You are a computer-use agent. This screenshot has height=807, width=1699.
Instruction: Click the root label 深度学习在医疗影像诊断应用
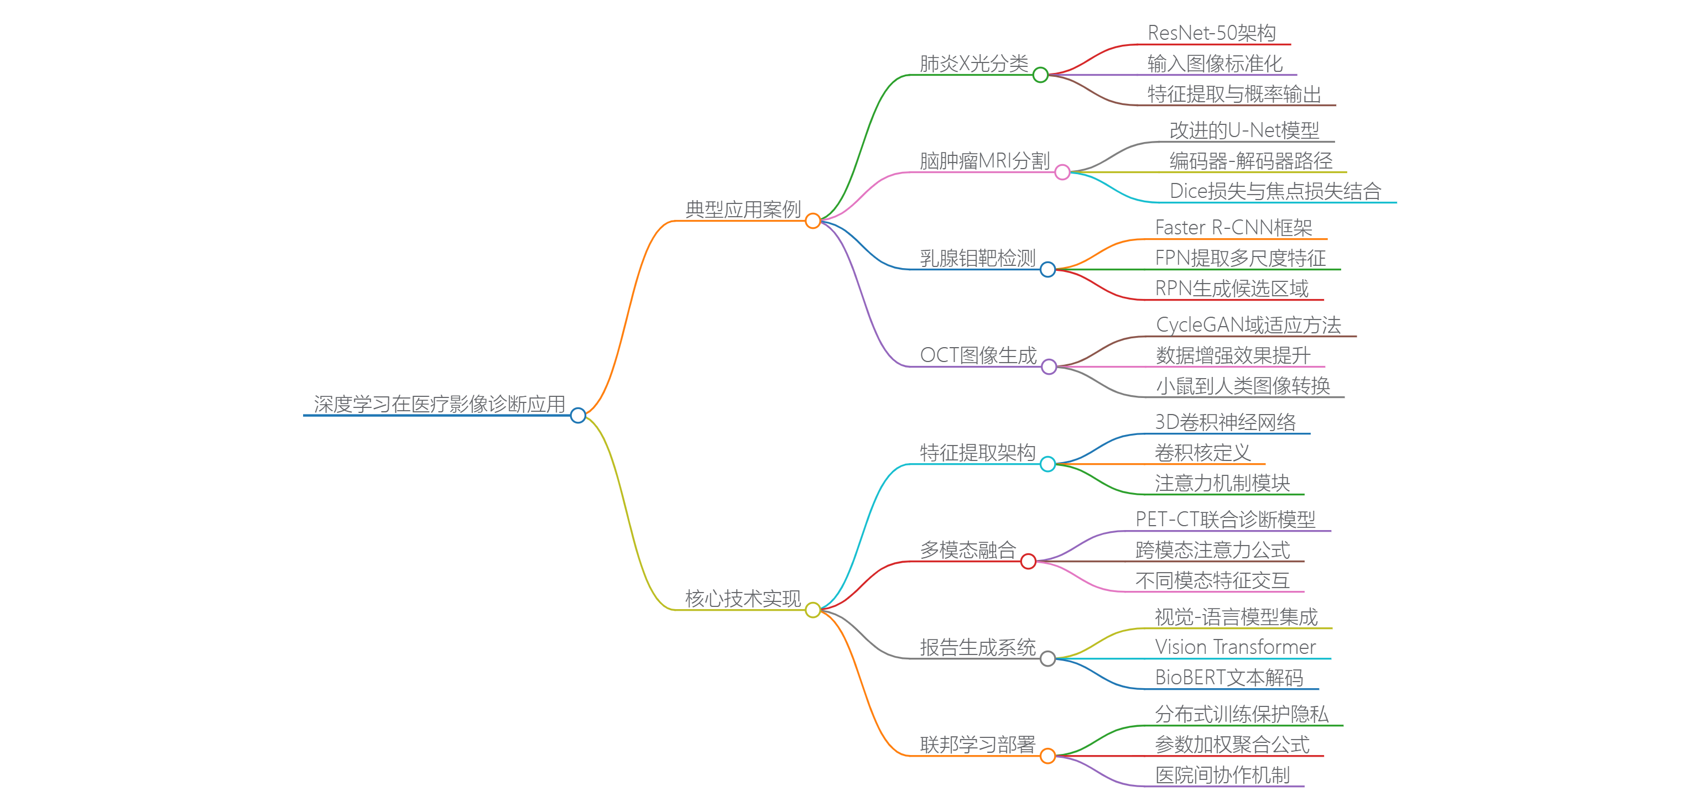[439, 403]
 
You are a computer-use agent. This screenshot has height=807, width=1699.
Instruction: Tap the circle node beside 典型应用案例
[812, 221]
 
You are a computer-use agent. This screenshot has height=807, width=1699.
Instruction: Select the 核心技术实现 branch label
[743, 598]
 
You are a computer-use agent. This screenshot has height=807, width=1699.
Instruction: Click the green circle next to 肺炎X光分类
[1040, 75]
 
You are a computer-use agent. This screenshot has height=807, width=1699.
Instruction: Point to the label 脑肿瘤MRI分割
[984, 160]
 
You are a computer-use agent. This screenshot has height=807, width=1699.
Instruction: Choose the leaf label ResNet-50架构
[1211, 32]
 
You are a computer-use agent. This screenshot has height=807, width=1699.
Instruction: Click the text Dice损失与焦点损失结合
[1275, 191]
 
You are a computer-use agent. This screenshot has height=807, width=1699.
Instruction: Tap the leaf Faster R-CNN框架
[1233, 228]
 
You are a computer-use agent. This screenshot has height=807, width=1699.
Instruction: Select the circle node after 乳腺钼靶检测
[1047, 270]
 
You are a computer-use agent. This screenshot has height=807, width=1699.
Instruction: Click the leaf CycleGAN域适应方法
[1248, 324]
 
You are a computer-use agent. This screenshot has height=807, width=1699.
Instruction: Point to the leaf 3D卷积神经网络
[1225, 422]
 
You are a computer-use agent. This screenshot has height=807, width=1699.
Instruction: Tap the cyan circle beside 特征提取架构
[1047, 464]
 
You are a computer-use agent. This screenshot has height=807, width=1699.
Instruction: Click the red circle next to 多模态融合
[1028, 562]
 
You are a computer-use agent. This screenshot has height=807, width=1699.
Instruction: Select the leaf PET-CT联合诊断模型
[1225, 519]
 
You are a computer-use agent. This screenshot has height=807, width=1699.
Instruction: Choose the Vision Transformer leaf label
[1234, 647]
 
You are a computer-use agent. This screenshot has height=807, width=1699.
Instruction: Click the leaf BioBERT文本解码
[1229, 677]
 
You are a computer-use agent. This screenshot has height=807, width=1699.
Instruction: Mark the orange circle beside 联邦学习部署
[1047, 756]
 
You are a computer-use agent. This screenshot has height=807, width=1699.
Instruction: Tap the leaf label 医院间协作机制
[1222, 775]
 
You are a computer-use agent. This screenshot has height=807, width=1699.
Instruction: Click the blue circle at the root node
[578, 415]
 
